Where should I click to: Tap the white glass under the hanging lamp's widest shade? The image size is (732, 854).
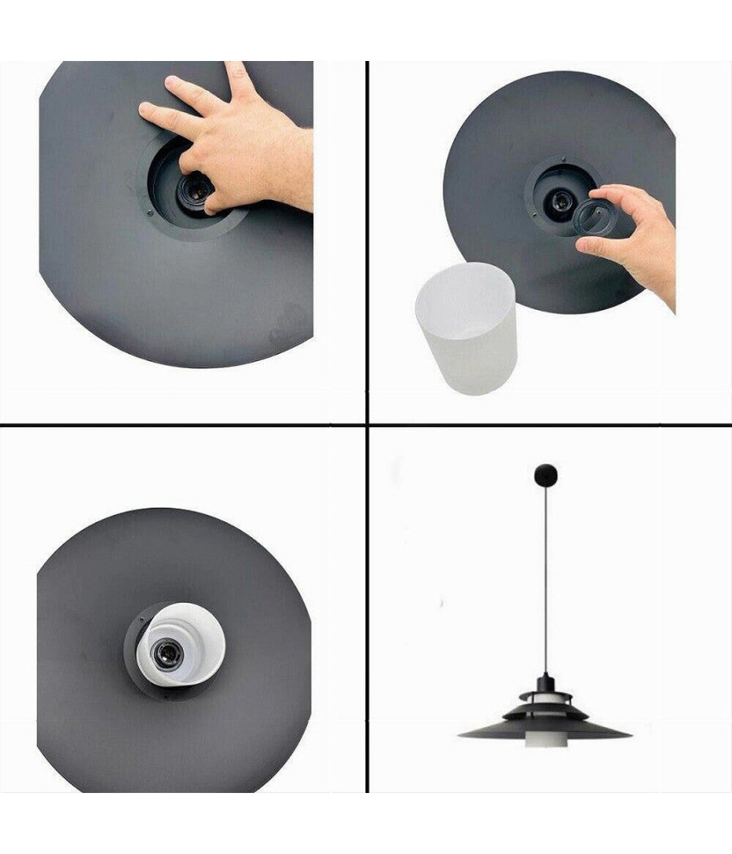coord(544,742)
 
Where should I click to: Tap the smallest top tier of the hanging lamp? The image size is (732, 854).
coord(545,696)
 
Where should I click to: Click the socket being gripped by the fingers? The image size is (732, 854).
coord(195,189)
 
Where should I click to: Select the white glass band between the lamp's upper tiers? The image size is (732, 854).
coord(545,704)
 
